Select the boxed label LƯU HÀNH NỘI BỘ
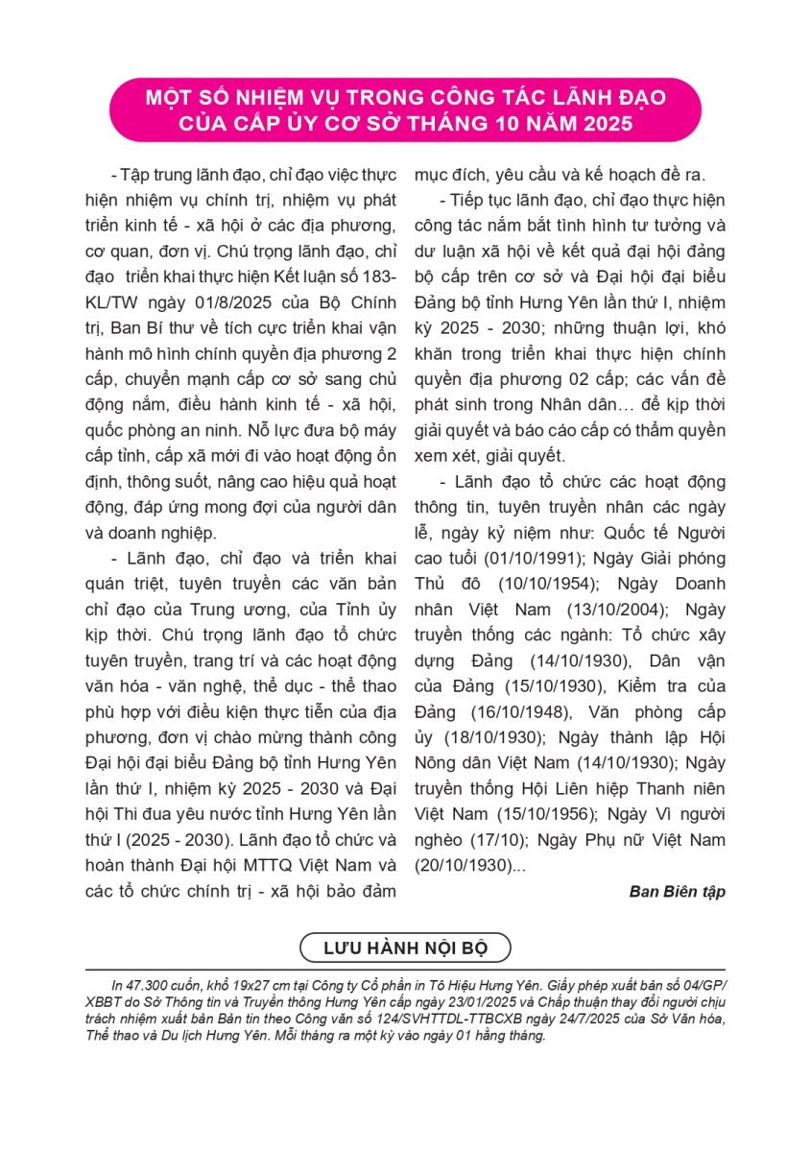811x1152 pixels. [x=405, y=948]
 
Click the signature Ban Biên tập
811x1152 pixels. [x=677, y=891]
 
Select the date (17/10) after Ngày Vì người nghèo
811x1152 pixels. [x=492, y=840]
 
